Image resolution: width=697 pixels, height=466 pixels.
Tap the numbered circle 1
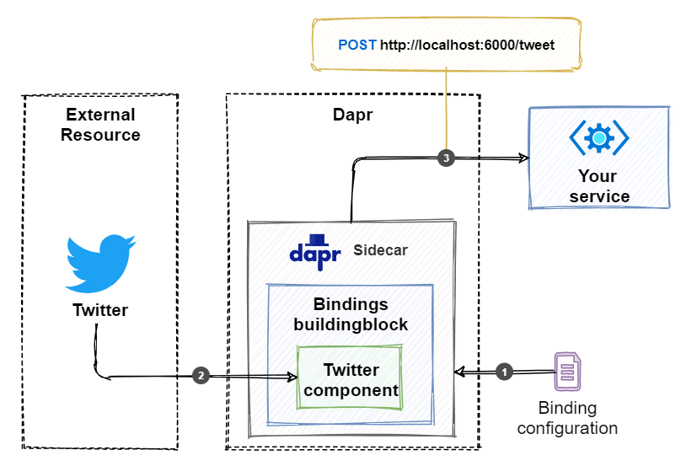pos(504,371)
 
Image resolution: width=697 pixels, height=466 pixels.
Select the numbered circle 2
pos(201,376)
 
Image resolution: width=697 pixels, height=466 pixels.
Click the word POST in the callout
pos(357,45)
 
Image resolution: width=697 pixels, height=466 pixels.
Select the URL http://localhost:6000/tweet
pos(467,45)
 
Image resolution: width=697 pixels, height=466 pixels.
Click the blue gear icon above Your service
pos(598,137)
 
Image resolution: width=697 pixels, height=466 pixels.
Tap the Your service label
pos(598,186)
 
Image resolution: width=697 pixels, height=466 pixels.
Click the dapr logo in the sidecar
pos(314,251)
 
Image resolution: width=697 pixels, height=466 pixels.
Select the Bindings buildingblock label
pos(350,313)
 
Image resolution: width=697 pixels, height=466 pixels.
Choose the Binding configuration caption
pos(567,418)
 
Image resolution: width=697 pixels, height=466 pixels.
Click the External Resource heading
pos(100,124)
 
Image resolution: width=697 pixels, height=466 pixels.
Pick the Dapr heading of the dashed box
pos(352,115)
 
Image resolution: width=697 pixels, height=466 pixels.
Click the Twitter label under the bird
pos(100,310)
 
